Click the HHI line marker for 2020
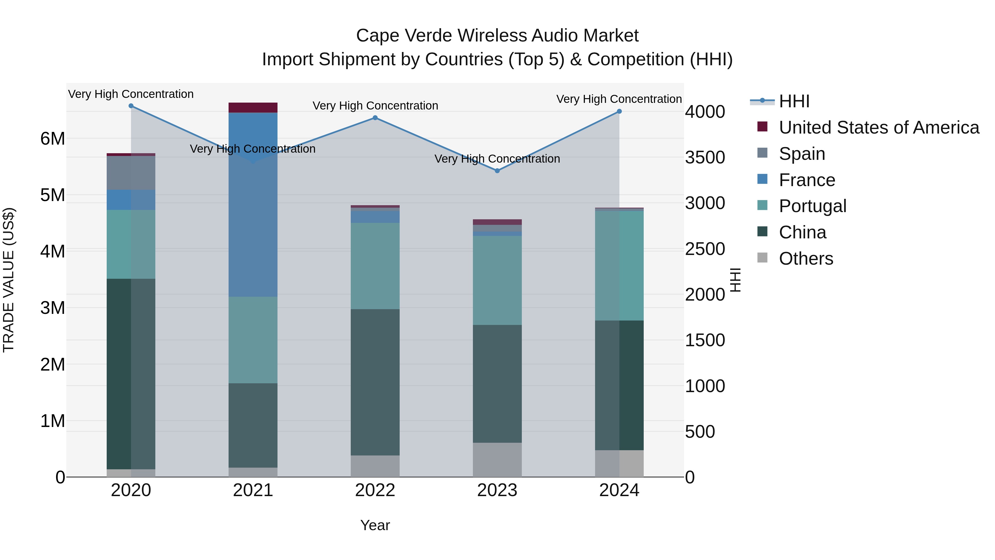(131, 106)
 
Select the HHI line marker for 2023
(497, 171)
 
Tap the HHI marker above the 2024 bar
(619, 111)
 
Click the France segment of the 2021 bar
(253, 205)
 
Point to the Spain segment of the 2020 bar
(131, 173)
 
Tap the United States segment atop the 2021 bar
(253, 108)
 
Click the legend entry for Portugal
(812, 206)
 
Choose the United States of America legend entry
(879, 127)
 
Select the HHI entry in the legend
(794, 101)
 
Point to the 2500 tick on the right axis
(705, 249)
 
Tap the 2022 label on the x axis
(375, 490)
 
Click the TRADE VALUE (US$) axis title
(9, 280)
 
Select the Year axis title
(375, 525)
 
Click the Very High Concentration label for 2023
(497, 159)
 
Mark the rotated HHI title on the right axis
(735, 280)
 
